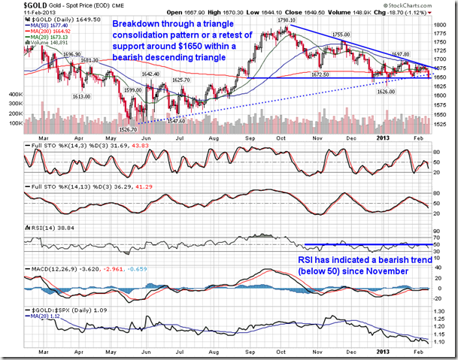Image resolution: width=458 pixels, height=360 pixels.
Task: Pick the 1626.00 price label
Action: (386, 92)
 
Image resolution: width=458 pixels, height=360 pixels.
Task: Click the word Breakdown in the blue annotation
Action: (133, 24)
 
